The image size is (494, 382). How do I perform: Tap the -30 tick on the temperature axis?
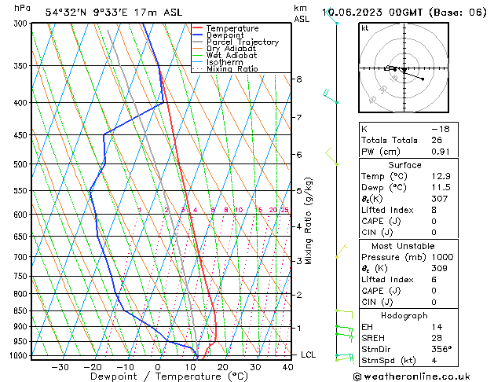60,366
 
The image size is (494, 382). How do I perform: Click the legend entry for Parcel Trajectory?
242,42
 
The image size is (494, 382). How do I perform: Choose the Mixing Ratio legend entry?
232,69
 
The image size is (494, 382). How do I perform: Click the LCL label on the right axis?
309,354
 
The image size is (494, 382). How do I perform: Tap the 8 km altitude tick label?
298,79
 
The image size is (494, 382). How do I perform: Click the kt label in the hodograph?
364,28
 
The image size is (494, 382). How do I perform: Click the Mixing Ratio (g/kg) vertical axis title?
309,221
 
